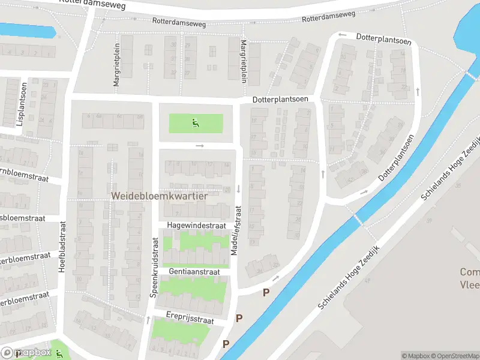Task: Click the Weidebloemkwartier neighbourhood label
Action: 159,196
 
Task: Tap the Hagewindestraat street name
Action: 196,226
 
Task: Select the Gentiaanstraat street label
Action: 194,272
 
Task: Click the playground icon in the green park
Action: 195,124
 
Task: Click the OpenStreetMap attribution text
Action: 454,356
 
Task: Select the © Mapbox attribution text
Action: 415,356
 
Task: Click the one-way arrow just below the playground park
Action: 200,146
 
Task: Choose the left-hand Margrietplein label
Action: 116,68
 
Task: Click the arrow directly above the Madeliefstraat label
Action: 238,188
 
